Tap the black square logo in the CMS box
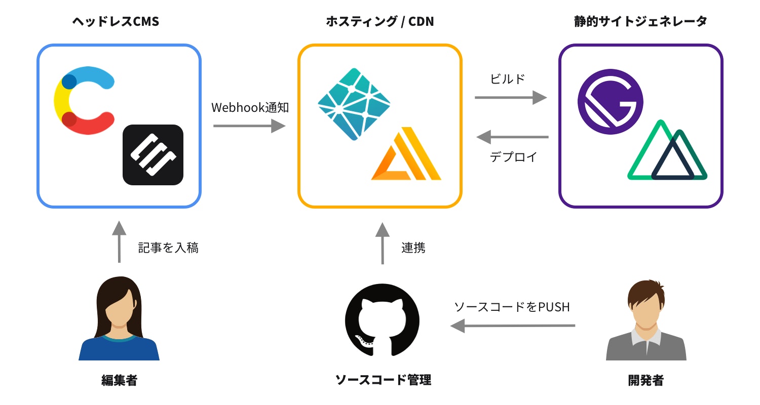pyautogui.click(x=153, y=154)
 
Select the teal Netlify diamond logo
pyautogui.click(x=354, y=104)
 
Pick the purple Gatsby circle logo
pyautogui.click(x=611, y=101)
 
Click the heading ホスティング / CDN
pyautogui.click(x=379, y=22)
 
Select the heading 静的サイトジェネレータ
pyautogui.click(x=640, y=22)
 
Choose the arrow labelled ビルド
pyautogui.click(x=511, y=98)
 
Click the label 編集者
pyautogui.click(x=119, y=380)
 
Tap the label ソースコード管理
pyautogui.click(x=383, y=380)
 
